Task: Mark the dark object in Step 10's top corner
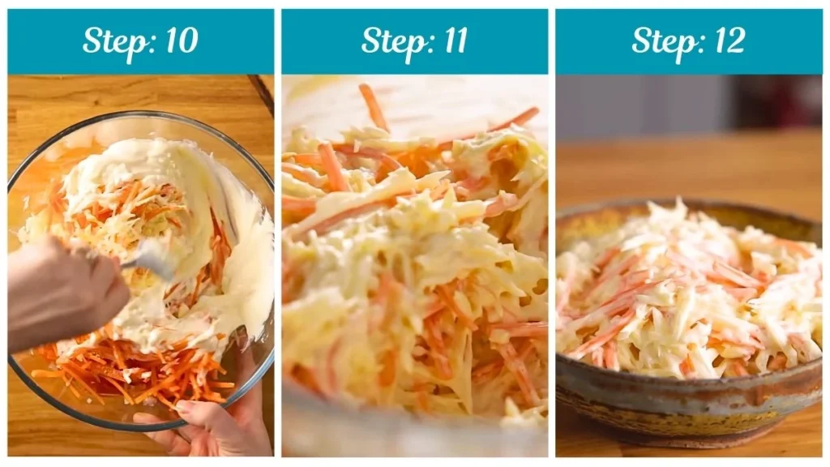pyautogui.click(x=263, y=93)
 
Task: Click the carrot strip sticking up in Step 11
pyautogui.click(x=374, y=105)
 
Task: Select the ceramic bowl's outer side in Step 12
pyautogui.click(x=689, y=405)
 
